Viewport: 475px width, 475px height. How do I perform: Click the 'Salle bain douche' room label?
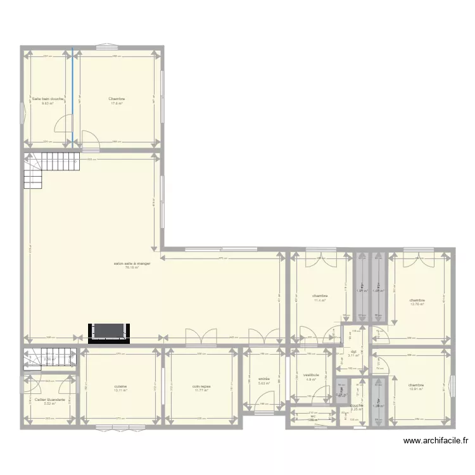click(x=48, y=99)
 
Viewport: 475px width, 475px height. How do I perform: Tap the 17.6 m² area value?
click(x=117, y=103)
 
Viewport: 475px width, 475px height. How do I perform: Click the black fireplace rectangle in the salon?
click(x=110, y=331)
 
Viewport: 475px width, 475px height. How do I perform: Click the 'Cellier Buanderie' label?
click(x=50, y=400)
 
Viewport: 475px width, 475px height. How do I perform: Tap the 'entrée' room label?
click(x=264, y=379)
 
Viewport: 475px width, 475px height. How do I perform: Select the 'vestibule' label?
click(x=311, y=375)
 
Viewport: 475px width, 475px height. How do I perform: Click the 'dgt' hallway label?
click(x=353, y=351)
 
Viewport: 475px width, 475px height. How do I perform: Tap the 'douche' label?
click(x=356, y=405)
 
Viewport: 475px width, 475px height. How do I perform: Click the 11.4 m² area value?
click(x=320, y=301)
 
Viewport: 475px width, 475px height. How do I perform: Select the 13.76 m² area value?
click(x=417, y=305)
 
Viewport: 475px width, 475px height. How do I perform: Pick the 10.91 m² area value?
click(x=415, y=389)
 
